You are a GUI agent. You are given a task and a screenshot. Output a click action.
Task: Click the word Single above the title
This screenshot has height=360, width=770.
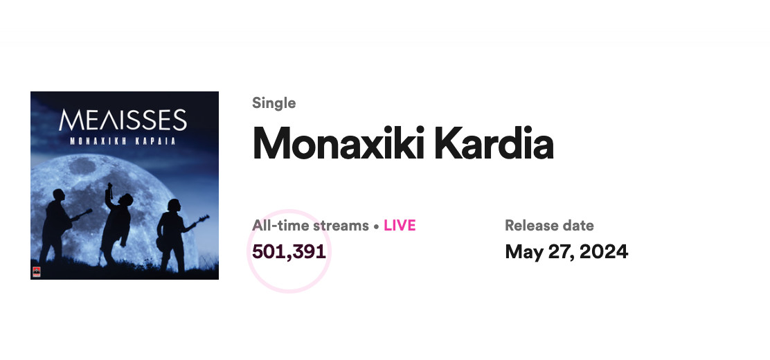[274, 104]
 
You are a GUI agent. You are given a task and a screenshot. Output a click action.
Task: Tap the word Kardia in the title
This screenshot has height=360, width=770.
[494, 143]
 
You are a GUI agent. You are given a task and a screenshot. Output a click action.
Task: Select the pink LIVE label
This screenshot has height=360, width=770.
[400, 226]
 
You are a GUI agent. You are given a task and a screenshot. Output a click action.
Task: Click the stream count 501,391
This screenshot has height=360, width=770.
[289, 251]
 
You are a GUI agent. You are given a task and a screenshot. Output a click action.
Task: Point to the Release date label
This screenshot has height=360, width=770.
[550, 226]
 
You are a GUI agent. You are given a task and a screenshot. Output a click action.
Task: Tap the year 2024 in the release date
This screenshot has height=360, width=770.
[604, 251]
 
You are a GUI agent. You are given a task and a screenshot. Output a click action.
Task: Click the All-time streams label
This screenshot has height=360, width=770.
[310, 226]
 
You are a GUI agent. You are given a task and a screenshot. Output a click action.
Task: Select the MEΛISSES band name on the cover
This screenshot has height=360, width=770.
[123, 120]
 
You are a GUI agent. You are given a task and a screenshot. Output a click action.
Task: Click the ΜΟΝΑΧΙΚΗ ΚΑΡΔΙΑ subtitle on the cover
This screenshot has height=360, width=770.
[123, 141]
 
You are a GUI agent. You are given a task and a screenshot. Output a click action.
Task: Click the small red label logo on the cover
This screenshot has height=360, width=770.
[36, 272]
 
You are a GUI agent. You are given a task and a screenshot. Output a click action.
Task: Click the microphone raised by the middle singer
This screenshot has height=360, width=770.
[110, 190]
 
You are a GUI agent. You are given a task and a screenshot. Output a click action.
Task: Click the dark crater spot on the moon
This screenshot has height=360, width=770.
[82, 166]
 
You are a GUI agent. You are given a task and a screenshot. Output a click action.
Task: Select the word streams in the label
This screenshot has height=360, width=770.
[341, 226]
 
